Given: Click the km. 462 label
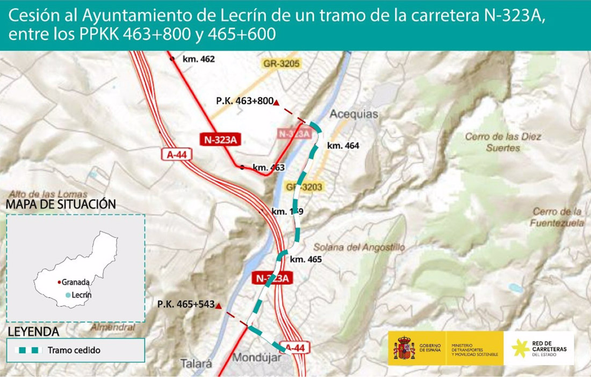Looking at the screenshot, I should click(199, 59).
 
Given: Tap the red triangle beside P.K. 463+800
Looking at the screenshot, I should click(276, 102).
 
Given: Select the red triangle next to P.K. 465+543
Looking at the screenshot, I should click(218, 305).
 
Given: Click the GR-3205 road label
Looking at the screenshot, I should click(281, 63).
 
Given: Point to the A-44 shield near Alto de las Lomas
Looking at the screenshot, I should click(177, 154).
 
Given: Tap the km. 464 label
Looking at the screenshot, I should click(343, 146).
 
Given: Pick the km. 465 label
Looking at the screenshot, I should click(306, 259).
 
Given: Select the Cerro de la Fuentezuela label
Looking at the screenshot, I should click(557, 217).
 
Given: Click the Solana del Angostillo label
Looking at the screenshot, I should click(359, 247).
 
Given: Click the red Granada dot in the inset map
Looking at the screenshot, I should click(59, 282).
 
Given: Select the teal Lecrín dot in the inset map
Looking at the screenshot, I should click(67, 295).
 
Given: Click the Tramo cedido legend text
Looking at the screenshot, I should click(74, 350).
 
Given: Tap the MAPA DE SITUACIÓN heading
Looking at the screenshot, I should click(61, 204).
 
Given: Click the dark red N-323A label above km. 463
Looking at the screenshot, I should click(219, 140).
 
